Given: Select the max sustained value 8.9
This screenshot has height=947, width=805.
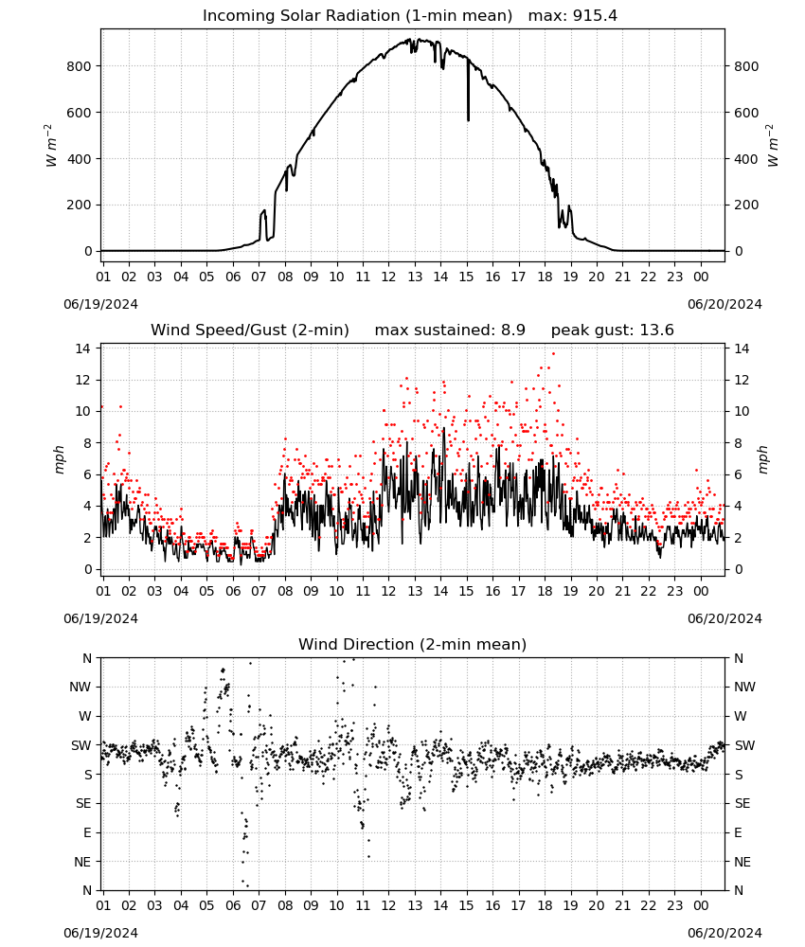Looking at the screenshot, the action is click(x=513, y=331).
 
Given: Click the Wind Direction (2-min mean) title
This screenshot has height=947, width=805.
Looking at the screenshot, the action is click(x=413, y=644).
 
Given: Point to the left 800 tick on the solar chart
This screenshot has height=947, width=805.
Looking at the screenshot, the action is click(x=80, y=66).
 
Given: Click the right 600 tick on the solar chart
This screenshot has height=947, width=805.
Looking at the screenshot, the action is click(x=746, y=113).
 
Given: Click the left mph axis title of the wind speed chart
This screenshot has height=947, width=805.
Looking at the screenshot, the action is click(x=59, y=459).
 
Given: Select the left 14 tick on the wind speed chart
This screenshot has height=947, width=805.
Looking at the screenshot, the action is click(x=83, y=348).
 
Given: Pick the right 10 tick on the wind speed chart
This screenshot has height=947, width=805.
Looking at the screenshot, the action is click(x=742, y=411).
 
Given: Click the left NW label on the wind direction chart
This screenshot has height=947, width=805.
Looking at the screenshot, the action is click(x=80, y=688).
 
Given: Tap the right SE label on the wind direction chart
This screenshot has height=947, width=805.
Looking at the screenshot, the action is click(x=742, y=804).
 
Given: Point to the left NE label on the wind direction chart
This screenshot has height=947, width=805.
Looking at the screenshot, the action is click(x=82, y=862).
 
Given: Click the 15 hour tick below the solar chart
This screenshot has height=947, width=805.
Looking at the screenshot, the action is click(x=466, y=277).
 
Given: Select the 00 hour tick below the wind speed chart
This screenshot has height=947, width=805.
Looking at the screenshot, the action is click(x=701, y=591).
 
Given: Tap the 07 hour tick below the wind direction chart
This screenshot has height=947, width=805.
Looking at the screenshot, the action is click(x=259, y=905).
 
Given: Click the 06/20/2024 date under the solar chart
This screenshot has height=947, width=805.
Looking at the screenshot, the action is click(x=724, y=304).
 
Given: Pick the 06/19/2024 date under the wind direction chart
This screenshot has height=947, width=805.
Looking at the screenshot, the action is click(x=100, y=933).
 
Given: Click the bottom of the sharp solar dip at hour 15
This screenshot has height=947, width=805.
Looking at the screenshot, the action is click(x=468, y=120).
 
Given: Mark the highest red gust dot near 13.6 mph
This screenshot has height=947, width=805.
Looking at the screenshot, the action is click(x=553, y=354).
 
